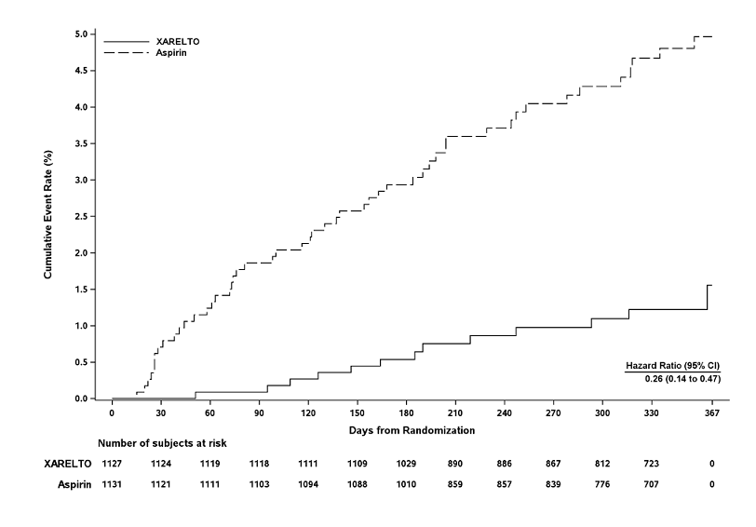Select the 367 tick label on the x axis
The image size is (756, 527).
pos(712,413)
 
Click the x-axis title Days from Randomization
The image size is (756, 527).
pos(412,431)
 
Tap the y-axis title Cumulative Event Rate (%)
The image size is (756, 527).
pos(48,217)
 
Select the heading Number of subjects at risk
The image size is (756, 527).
pos(162,443)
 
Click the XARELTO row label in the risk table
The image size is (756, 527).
pos(67,464)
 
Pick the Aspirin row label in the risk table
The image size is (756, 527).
pos(71,484)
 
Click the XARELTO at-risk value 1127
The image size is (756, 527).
pos(112,464)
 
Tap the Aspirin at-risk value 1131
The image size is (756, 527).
pos(112,484)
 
